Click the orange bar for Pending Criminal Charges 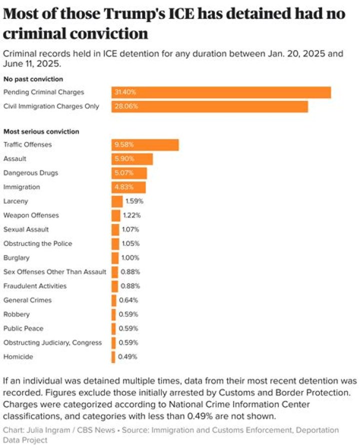[221, 92]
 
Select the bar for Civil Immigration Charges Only [209, 106]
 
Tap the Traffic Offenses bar [145, 144]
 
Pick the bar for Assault [132, 159]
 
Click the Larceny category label [15, 201]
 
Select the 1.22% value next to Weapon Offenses [131, 215]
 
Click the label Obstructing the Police [37, 243]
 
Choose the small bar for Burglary [115, 258]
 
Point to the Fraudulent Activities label [35, 286]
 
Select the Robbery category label [16, 314]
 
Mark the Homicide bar [113, 357]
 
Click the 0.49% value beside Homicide [127, 357]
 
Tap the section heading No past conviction [33, 78]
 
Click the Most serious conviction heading [41, 131]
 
